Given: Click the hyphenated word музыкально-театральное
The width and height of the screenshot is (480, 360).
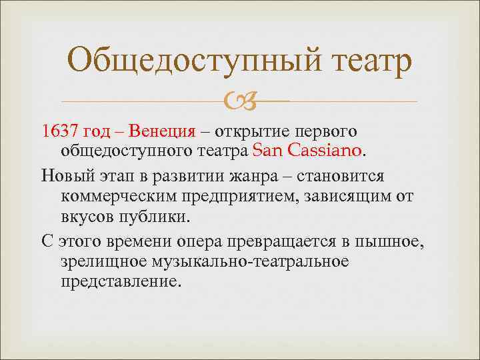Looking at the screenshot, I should pyautogui.click(x=204, y=261).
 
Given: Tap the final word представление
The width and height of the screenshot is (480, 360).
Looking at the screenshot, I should pyautogui.click(x=120, y=282).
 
